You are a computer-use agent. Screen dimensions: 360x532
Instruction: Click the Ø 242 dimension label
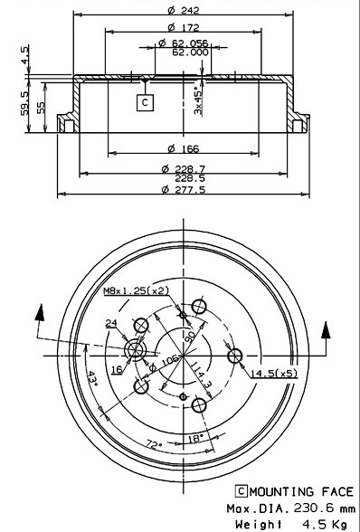point(184,10)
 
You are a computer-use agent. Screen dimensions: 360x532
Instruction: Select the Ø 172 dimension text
point(184,27)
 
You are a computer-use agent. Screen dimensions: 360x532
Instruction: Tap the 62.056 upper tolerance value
point(190,43)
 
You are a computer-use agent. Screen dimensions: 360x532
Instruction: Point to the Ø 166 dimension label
point(184,148)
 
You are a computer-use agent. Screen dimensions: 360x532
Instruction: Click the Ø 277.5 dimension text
point(184,189)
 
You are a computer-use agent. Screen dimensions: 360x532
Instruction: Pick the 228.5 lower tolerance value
point(190,178)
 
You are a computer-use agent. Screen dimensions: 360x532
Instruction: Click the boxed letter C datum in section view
point(146,102)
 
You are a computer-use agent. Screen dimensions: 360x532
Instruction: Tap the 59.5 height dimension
point(24,102)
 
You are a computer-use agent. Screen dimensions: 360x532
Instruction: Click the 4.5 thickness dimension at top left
point(24,55)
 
